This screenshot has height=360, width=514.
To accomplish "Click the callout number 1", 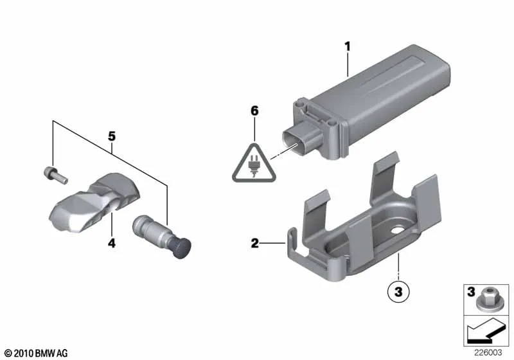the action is (x=348, y=46).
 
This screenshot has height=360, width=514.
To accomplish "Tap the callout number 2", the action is (x=254, y=243).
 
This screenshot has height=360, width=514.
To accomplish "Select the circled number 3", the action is (x=398, y=291).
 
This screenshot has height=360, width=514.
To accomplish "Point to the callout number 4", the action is (x=111, y=243).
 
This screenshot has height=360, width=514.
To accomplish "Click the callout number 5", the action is (x=112, y=136).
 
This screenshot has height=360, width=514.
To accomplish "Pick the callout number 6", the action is (x=254, y=111).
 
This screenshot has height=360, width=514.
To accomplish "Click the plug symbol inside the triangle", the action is (x=253, y=166).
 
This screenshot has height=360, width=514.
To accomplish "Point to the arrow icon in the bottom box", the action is (x=486, y=333).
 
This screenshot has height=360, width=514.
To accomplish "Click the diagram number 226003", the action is (x=488, y=352).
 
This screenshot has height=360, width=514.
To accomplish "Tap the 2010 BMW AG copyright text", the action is (x=37, y=353).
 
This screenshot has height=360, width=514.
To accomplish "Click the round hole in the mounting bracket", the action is (x=398, y=230).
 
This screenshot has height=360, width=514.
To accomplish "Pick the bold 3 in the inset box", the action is (x=471, y=291).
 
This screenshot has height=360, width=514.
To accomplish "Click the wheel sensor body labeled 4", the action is (x=95, y=202).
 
